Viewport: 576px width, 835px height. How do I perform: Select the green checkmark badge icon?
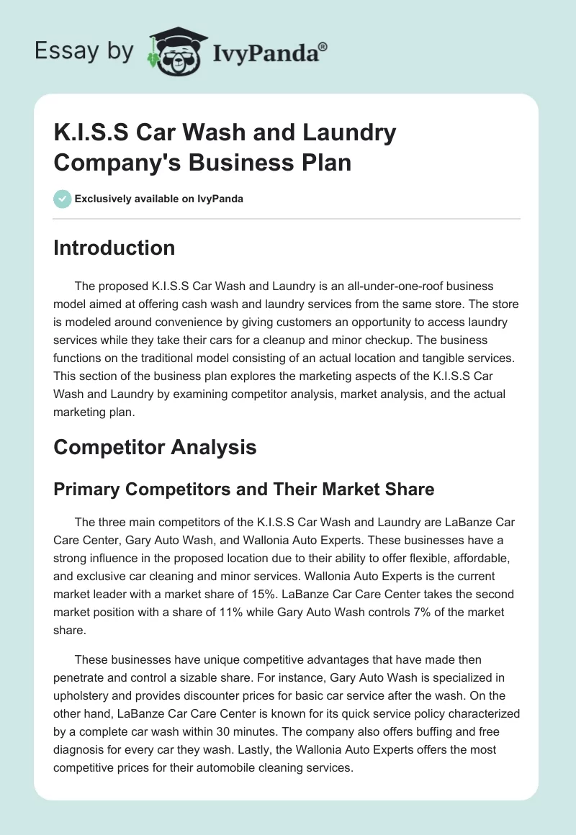click(63, 199)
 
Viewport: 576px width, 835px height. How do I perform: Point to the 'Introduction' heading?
click(114, 248)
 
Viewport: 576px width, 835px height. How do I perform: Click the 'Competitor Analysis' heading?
click(155, 447)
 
